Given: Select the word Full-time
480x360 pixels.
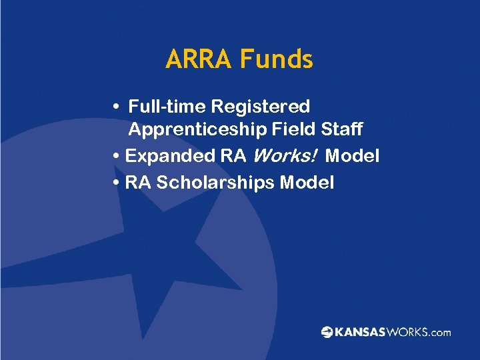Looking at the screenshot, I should coord(167,107).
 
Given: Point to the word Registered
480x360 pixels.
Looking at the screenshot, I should coord(261,107).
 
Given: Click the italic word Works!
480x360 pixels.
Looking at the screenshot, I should coord(283,156).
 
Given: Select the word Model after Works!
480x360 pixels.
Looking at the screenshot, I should coord(352,156).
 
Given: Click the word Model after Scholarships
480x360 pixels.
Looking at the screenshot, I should coord(307,183).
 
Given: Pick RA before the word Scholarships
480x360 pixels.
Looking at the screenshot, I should coord(138,183).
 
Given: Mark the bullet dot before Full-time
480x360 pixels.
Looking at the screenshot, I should coord(117,107).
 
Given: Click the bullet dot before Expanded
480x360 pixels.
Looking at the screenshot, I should coord(117,156).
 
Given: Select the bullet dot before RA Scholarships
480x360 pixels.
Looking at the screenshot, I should coord(117,183).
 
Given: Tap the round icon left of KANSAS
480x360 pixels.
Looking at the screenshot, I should coord(327,332).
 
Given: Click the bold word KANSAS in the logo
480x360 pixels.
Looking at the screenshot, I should coord(360,332).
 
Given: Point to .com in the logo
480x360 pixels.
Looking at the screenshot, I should coord(439,332).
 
